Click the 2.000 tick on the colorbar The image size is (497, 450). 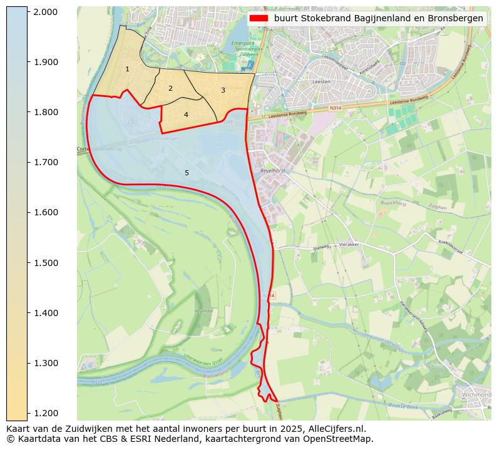click(45, 12)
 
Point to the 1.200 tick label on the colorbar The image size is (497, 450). click(45, 413)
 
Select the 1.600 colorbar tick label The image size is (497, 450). click(45, 212)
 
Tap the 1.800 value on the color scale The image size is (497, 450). click(45, 112)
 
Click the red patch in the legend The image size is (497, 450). click(259, 18)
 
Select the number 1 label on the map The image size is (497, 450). click(127, 69)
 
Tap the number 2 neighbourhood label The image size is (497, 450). click(170, 88)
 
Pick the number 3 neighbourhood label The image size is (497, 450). click(223, 90)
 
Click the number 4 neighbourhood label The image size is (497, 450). click(186, 115)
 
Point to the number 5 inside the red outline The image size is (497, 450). click(187, 173)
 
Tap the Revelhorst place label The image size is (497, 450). click(273, 170)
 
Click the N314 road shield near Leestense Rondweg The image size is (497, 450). click(336, 108)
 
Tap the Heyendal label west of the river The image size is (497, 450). click(204, 310)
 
